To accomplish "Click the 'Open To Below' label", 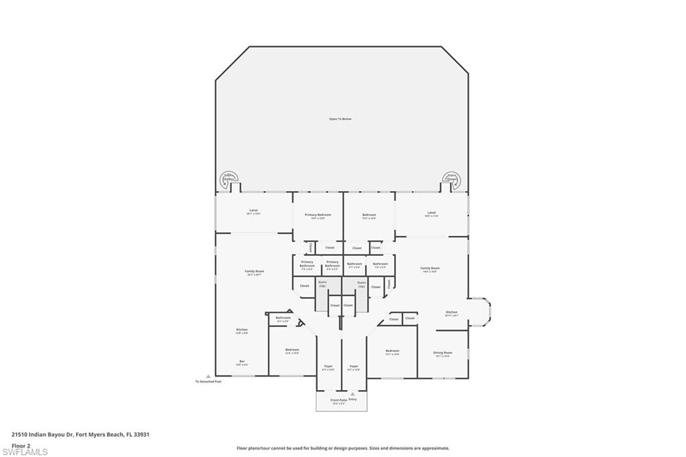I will [x=340, y=119].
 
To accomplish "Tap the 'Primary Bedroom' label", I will [x=318, y=215].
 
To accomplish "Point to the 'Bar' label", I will [x=242, y=362].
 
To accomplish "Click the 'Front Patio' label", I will [x=339, y=400].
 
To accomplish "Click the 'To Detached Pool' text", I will [x=208, y=382].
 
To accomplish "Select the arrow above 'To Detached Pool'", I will [x=208, y=376].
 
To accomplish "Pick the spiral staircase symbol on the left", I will [x=229, y=179].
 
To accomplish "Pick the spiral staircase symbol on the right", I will [x=452, y=179].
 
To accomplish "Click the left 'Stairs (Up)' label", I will [x=322, y=284].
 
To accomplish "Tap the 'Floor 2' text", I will [x=21, y=445].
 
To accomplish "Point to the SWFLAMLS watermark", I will [x=25, y=452].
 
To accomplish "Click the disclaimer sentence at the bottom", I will [x=342, y=448].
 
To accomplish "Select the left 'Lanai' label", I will [x=253, y=212].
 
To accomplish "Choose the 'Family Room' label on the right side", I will [x=429, y=269].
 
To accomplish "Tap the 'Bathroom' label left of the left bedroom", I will [x=283, y=318].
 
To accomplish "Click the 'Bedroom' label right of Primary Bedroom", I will [x=369, y=215].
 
